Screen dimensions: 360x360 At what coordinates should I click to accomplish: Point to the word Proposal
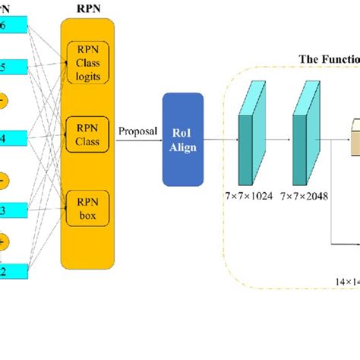137,131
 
